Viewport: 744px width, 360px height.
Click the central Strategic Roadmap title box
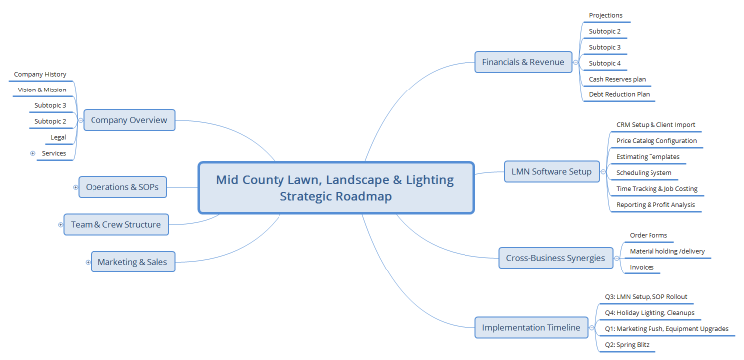point(334,187)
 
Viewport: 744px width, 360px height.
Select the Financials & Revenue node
point(522,62)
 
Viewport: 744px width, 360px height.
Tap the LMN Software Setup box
point(550,171)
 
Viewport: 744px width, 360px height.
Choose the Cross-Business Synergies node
point(553,258)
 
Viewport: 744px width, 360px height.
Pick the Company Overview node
point(128,121)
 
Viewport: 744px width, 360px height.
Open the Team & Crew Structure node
point(114,224)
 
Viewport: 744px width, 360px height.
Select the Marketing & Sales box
point(131,262)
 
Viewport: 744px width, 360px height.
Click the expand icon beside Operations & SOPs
point(77,186)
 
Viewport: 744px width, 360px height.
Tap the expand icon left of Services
point(33,153)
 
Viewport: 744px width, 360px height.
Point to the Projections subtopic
point(606,15)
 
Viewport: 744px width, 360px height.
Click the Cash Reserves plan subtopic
point(618,79)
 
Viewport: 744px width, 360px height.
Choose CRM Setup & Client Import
point(655,125)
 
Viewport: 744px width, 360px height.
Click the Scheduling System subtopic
point(645,173)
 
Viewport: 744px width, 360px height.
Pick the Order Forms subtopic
point(648,235)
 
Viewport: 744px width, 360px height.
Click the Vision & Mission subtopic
point(42,90)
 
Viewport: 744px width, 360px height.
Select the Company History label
point(40,74)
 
